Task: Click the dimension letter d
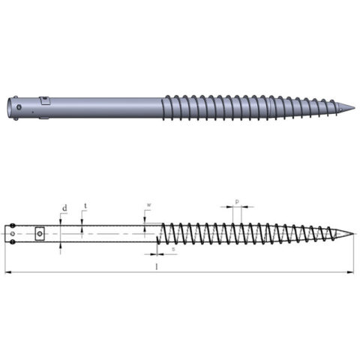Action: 65,207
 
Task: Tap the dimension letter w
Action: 148,205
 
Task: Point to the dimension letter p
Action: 238,202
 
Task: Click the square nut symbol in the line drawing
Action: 40,234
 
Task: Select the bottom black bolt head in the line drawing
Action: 13,241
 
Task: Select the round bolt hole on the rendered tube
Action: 18,115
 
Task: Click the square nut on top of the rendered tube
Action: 44,100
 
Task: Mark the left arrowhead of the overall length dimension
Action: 7,271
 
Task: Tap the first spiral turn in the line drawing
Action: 162,234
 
